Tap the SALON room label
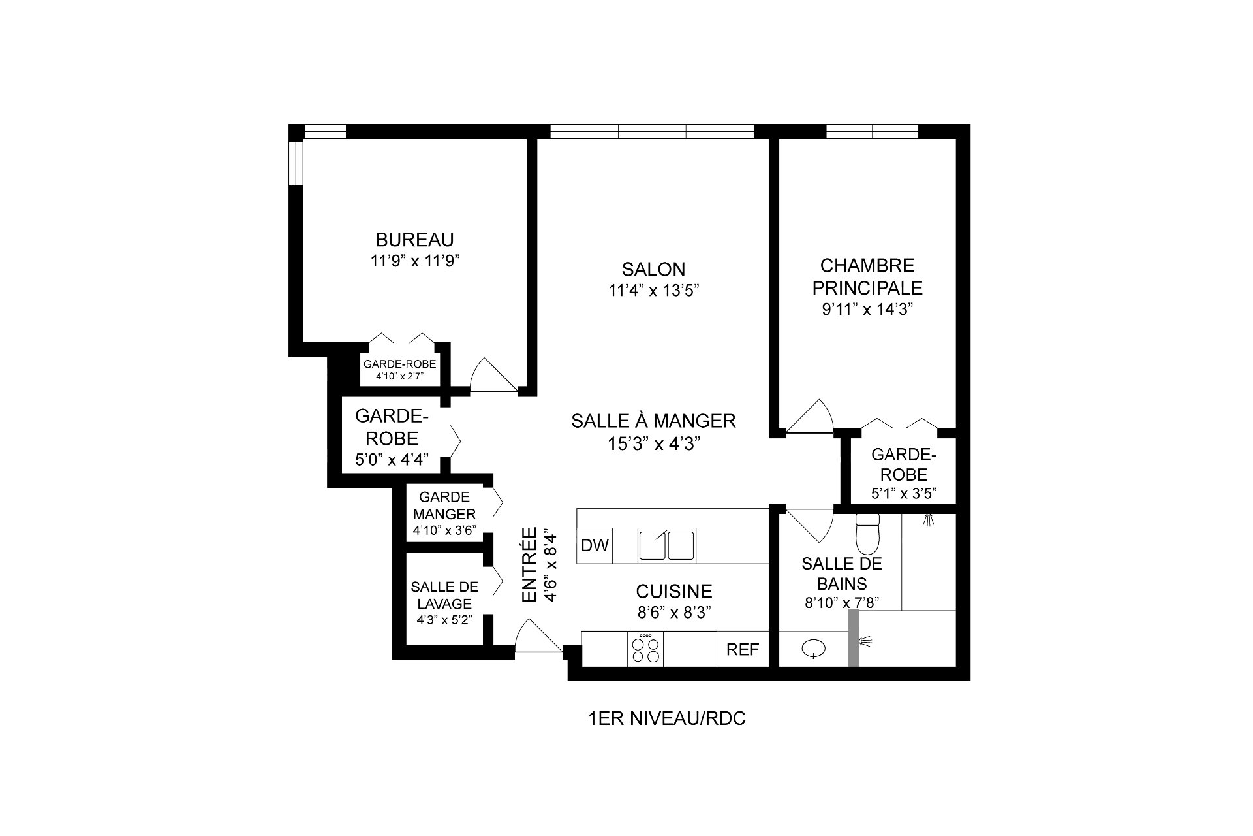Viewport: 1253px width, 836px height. point(653,269)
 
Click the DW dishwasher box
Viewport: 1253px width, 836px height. point(595,545)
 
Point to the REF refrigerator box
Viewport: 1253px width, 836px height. point(743,649)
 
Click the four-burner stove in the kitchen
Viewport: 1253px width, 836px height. point(645,649)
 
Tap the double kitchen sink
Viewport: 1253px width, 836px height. point(667,545)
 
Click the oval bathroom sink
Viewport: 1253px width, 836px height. point(813,649)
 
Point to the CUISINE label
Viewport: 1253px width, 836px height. point(674,592)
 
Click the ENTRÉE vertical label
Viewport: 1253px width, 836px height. point(529,565)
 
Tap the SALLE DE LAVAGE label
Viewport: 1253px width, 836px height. point(444,596)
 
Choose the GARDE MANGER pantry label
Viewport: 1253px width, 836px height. point(444,506)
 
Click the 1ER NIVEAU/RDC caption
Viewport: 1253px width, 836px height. point(667,719)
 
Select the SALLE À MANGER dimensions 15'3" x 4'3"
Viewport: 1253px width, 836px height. point(654,444)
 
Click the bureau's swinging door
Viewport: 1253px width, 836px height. point(494,374)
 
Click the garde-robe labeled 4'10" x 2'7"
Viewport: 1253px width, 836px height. point(399,370)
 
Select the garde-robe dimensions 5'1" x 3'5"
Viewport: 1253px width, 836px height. point(904,493)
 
